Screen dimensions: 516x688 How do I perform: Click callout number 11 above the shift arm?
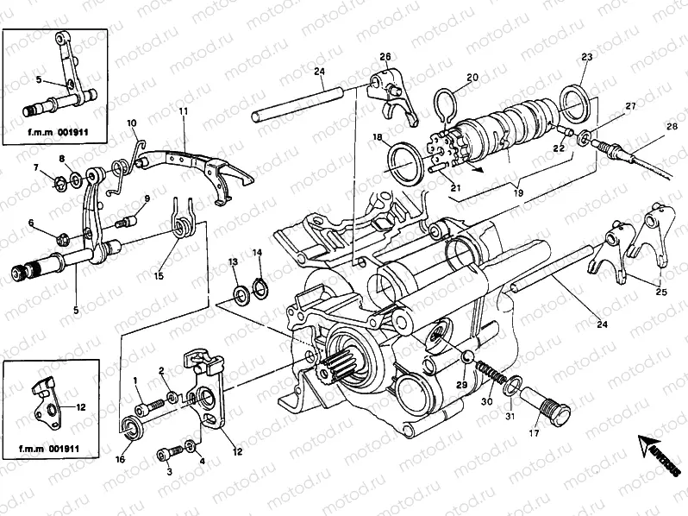(x=183, y=113)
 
